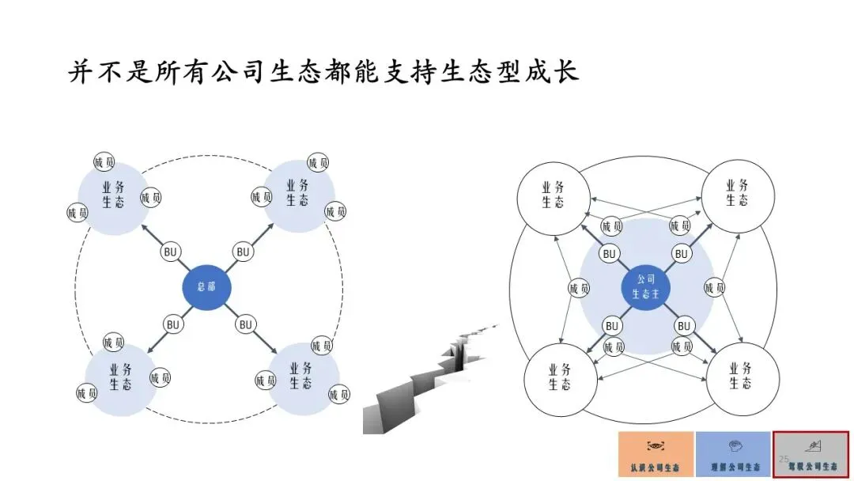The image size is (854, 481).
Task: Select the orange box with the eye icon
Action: click(x=656, y=454)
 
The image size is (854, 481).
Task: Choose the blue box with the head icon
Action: click(x=733, y=454)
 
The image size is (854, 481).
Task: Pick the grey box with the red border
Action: click(x=811, y=454)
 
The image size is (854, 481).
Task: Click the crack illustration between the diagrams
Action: click(x=431, y=379)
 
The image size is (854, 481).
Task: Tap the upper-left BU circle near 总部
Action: click(x=170, y=252)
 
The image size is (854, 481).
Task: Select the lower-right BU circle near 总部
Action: click(x=246, y=324)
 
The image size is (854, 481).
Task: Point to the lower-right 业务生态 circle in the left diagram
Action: click(x=300, y=377)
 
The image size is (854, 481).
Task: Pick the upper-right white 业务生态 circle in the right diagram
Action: click(x=737, y=193)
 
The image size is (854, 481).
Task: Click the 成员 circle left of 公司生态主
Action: click(x=580, y=289)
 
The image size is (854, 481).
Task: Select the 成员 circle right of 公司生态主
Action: click(x=714, y=288)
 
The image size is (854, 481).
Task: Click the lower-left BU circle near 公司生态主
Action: click(x=610, y=325)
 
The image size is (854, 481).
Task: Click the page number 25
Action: click(x=784, y=459)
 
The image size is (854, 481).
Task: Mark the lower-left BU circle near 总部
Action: click(x=173, y=324)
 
